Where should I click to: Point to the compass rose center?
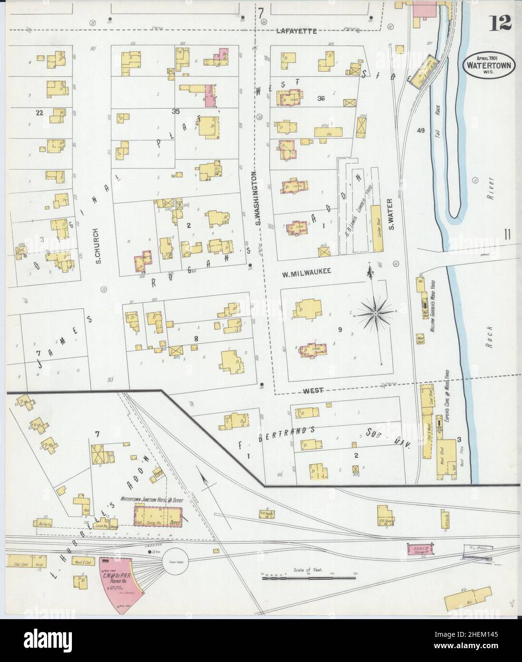tap(375, 313)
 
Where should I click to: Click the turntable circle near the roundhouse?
tap(176, 563)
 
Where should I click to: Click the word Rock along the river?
tap(491, 338)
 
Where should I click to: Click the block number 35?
tap(176, 111)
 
